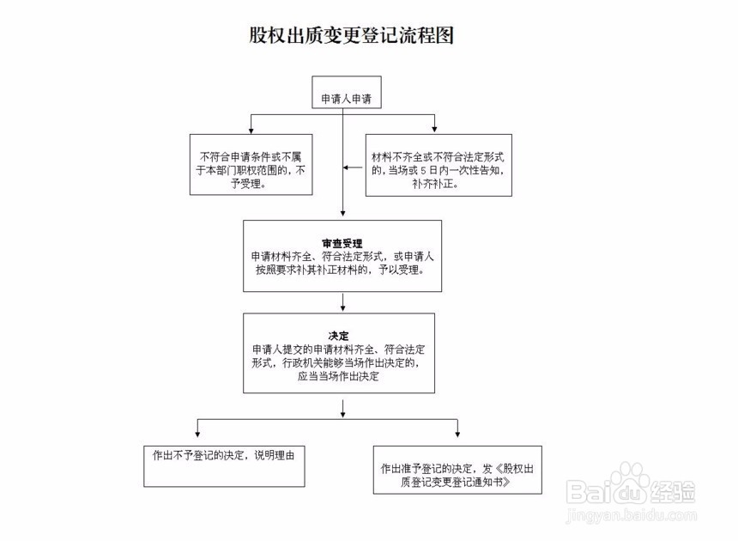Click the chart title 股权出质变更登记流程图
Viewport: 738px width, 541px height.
pyautogui.click(x=350, y=35)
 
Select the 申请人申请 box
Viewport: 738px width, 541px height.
pyautogui.click(x=346, y=99)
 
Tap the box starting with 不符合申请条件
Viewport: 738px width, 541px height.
pyautogui.click(x=250, y=164)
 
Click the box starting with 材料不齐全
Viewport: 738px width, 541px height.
pyautogui.click(x=439, y=164)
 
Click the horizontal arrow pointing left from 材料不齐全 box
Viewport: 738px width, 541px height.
pyautogui.click(x=352, y=166)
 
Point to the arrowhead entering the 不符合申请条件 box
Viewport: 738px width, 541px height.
pyautogui.click(x=250, y=130)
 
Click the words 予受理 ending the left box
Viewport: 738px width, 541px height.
pyautogui.click(x=249, y=184)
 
